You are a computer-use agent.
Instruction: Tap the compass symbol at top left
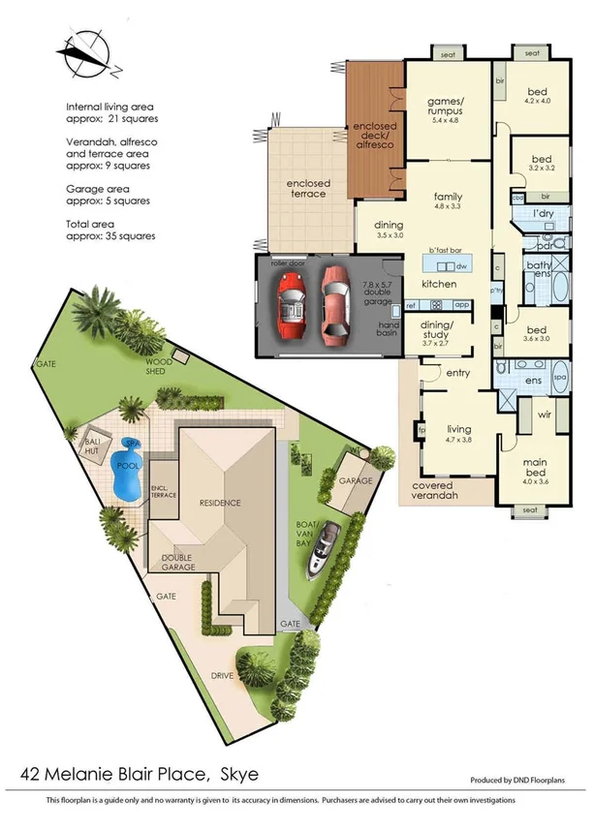[86, 54]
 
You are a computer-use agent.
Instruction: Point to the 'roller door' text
[287, 262]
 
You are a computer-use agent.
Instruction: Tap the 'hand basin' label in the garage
[388, 329]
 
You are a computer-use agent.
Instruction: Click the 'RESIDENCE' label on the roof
[220, 503]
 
